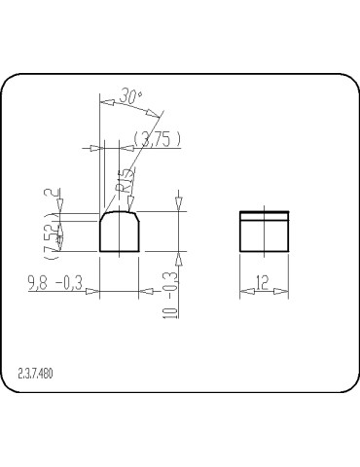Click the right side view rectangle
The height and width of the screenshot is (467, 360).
[x=264, y=233]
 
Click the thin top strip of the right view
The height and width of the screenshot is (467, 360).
[x=264, y=212]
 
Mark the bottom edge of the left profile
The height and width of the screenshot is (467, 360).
[x=121, y=252]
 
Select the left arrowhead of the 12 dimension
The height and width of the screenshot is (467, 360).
[x=243, y=291]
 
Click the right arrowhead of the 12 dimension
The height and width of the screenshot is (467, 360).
[x=285, y=291]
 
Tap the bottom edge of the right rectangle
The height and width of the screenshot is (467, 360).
[x=264, y=252]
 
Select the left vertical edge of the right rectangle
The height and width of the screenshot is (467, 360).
[x=240, y=233]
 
